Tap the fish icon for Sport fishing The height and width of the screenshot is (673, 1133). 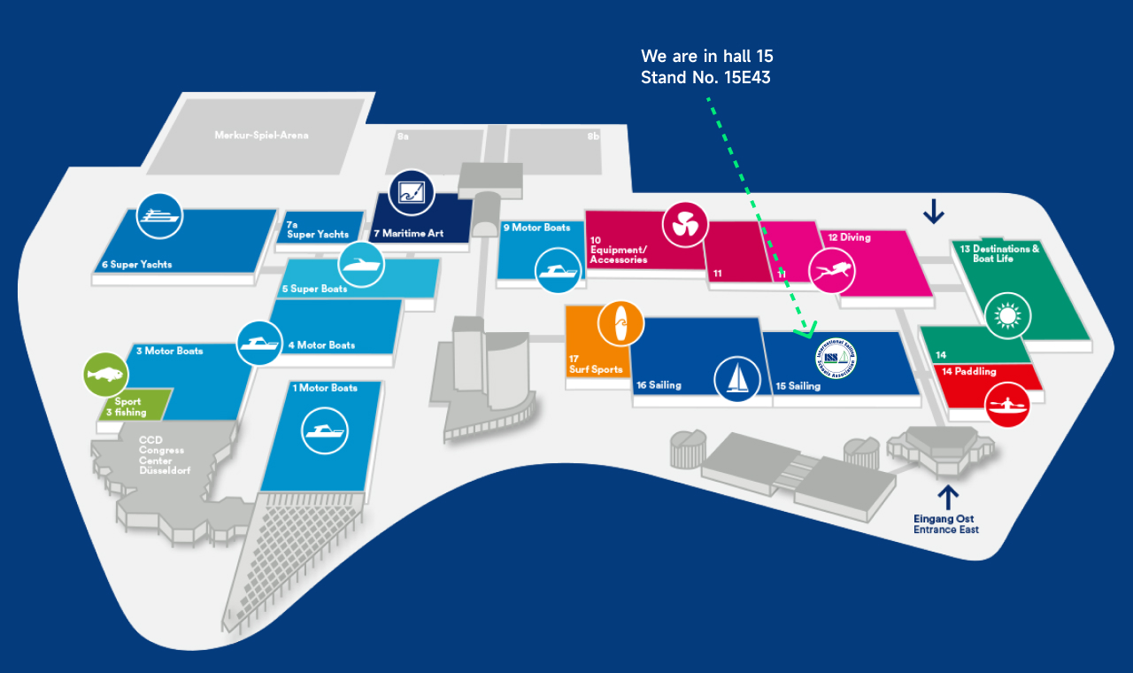105,375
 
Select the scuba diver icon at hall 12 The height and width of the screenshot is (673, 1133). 832,271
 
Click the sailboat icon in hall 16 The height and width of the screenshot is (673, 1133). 736,378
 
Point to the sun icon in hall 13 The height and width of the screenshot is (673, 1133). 1006,315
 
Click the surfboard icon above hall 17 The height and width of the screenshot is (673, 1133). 620,324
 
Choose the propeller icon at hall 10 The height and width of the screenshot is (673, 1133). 685,225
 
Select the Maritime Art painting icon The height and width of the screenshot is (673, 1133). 411,191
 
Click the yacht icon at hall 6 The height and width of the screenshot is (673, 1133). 159,215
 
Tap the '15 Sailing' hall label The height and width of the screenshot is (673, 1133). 798,386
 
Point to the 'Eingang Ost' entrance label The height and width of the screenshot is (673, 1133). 945,519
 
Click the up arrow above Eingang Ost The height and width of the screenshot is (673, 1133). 948,497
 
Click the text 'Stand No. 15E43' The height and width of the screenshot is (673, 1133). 705,78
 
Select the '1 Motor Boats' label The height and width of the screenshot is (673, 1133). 325,388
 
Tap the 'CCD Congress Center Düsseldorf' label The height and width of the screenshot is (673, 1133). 164,455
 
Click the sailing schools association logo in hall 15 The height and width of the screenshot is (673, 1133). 836,359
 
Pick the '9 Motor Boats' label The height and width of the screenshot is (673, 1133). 536,228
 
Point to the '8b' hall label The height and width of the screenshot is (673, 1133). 593,136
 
